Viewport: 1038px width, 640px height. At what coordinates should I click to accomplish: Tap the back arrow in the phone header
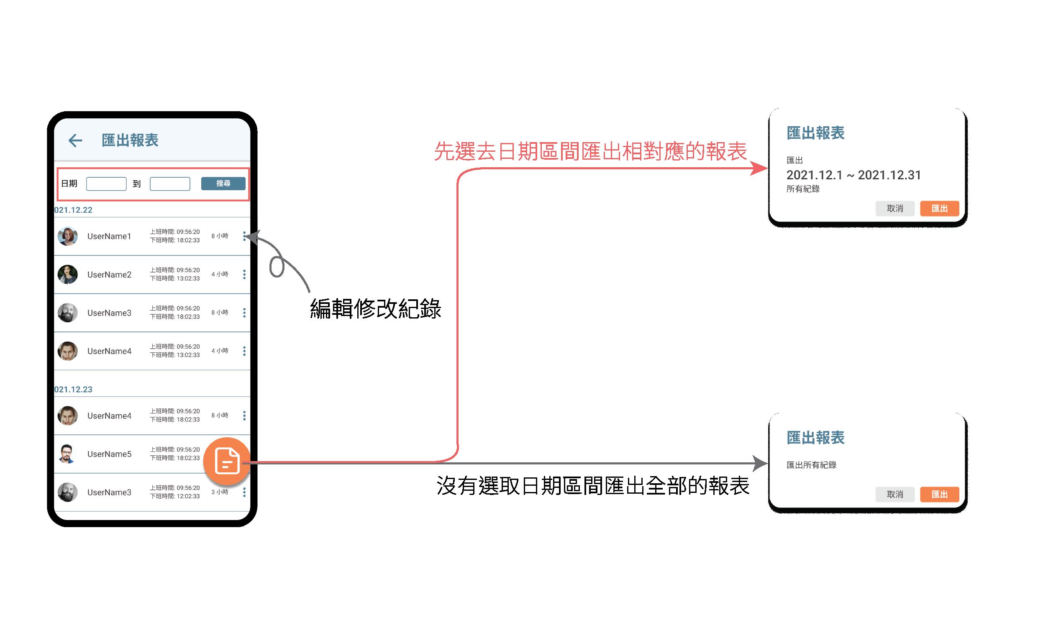pyautogui.click(x=75, y=140)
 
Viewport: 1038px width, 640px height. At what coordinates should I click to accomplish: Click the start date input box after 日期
pyautogui.click(x=106, y=184)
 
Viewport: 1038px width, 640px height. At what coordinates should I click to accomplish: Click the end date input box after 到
pyautogui.click(x=170, y=184)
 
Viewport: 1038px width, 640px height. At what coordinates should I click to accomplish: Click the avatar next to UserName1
pyautogui.click(x=68, y=236)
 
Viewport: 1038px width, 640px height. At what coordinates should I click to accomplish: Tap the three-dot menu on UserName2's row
pyautogui.click(x=244, y=274)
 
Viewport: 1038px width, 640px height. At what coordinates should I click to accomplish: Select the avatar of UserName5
pyautogui.click(x=68, y=454)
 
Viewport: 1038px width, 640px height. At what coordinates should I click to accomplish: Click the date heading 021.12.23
pyautogui.click(x=73, y=390)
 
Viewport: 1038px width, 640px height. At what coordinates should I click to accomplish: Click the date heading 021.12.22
pyautogui.click(x=73, y=210)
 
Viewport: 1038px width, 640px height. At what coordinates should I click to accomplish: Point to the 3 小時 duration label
pyautogui.click(x=220, y=492)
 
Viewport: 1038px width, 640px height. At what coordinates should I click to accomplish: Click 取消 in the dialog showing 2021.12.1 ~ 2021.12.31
pyautogui.click(x=894, y=209)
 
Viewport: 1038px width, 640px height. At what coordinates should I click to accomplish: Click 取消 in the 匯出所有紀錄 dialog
pyautogui.click(x=894, y=494)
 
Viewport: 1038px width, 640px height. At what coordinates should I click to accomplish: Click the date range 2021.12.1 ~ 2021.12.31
pyautogui.click(x=853, y=175)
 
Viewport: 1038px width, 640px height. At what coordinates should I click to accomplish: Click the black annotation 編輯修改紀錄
pyautogui.click(x=376, y=309)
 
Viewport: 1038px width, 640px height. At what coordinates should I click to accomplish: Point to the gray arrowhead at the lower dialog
pyautogui.click(x=760, y=463)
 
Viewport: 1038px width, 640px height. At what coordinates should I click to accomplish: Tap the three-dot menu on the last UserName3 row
pyautogui.click(x=244, y=492)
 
